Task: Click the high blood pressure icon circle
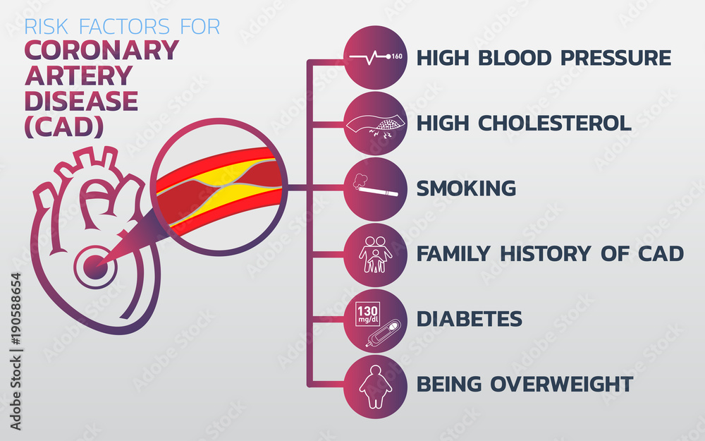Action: [375, 57]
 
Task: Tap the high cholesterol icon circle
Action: [375, 123]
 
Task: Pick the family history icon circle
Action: [375, 254]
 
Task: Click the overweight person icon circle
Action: [375, 385]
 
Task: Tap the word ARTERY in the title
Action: [78, 76]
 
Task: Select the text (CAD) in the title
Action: [64, 126]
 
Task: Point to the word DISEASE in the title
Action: [81, 101]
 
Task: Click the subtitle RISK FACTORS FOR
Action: [122, 27]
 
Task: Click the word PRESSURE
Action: [615, 58]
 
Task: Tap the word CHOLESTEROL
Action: [554, 123]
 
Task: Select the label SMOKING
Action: [466, 188]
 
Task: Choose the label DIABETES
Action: [470, 319]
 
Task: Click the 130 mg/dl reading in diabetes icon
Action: [369, 313]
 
